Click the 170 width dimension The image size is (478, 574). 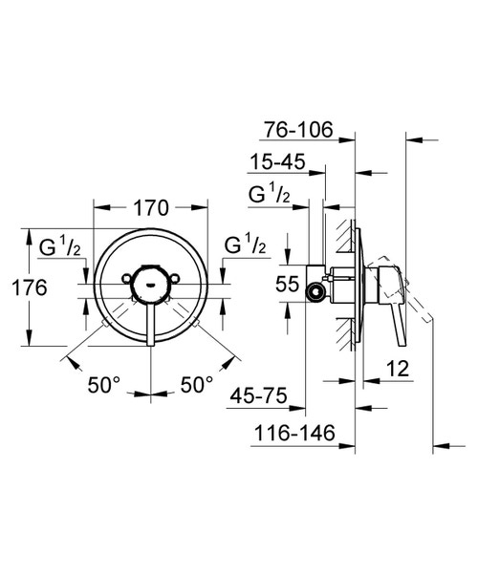pyautogui.click(x=151, y=207)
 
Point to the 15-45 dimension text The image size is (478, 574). pyautogui.click(x=279, y=163)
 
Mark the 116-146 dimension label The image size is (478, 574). pyautogui.click(x=294, y=435)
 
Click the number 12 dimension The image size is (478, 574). pyautogui.click(x=399, y=368)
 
